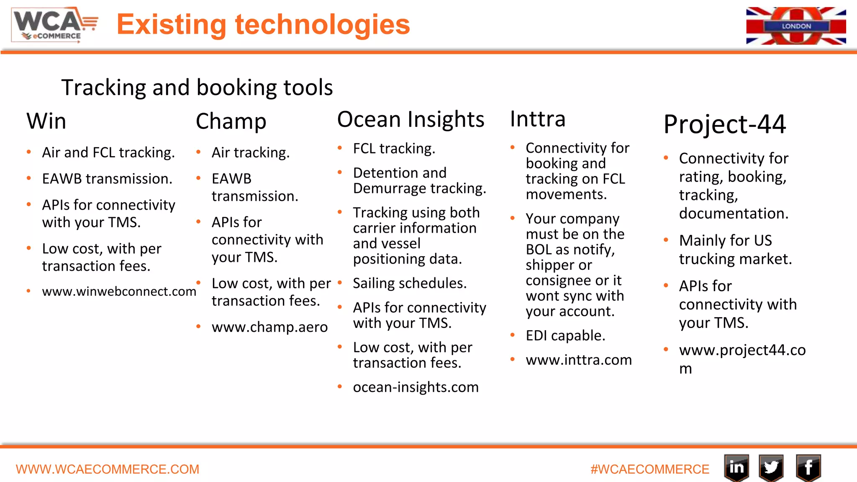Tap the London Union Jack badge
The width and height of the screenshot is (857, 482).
pyautogui.click(x=796, y=26)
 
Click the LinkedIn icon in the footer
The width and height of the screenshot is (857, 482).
pyautogui.click(x=736, y=467)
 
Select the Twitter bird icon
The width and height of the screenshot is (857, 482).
pyautogui.click(x=771, y=467)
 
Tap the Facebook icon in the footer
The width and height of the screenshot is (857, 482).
pyautogui.click(x=808, y=467)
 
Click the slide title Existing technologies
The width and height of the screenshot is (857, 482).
pyautogui.click(x=263, y=24)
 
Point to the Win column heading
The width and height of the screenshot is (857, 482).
pyautogui.click(x=46, y=121)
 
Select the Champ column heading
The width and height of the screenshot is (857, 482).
pyautogui.click(x=231, y=121)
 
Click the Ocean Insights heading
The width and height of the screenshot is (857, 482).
pyautogui.click(x=411, y=120)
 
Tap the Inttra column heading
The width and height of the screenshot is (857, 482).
pyautogui.click(x=538, y=119)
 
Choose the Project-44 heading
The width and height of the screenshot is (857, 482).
pyautogui.click(x=725, y=124)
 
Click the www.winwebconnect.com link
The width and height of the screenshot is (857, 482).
pyautogui.click(x=119, y=291)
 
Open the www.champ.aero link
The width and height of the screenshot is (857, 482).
pyautogui.click(x=269, y=327)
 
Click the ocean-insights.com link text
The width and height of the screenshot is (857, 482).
pyautogui.click(x=416, y=387)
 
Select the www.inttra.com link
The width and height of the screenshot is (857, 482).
pyautogui.click(x=579, y=360)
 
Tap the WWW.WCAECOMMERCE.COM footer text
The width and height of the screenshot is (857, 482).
pyautogui.click(x=108, y=469)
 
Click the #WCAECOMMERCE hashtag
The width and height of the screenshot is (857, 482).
pyautogui.click(x=650, y=469)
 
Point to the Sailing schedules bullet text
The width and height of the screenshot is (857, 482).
pyautogui.click(x=410, y=283)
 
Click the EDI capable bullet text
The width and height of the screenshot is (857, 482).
pyautogui.click(x=565, y=336)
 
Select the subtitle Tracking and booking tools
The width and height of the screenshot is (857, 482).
pyautogui.click(x=197, y=87)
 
